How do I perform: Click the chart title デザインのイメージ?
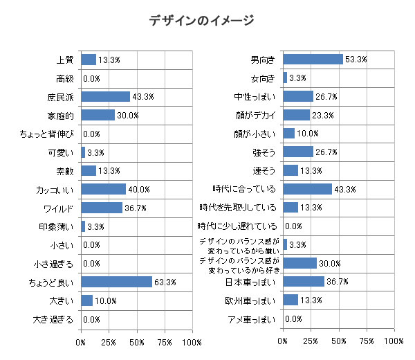[201, 21]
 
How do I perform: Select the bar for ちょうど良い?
[116, 282]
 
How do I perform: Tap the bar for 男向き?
[313, 60]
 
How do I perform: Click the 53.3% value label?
[356, 60]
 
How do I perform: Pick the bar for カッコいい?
[103, 189]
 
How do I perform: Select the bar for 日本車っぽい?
[304, 282]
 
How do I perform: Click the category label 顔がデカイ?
[256, 115]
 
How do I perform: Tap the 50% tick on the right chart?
[339, 343]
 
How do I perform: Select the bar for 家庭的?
[98, 115]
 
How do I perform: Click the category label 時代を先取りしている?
[238, 208]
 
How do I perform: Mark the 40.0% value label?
[138, 190]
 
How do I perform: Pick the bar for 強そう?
[298, 152]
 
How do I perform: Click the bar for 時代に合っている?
[307, 189]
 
